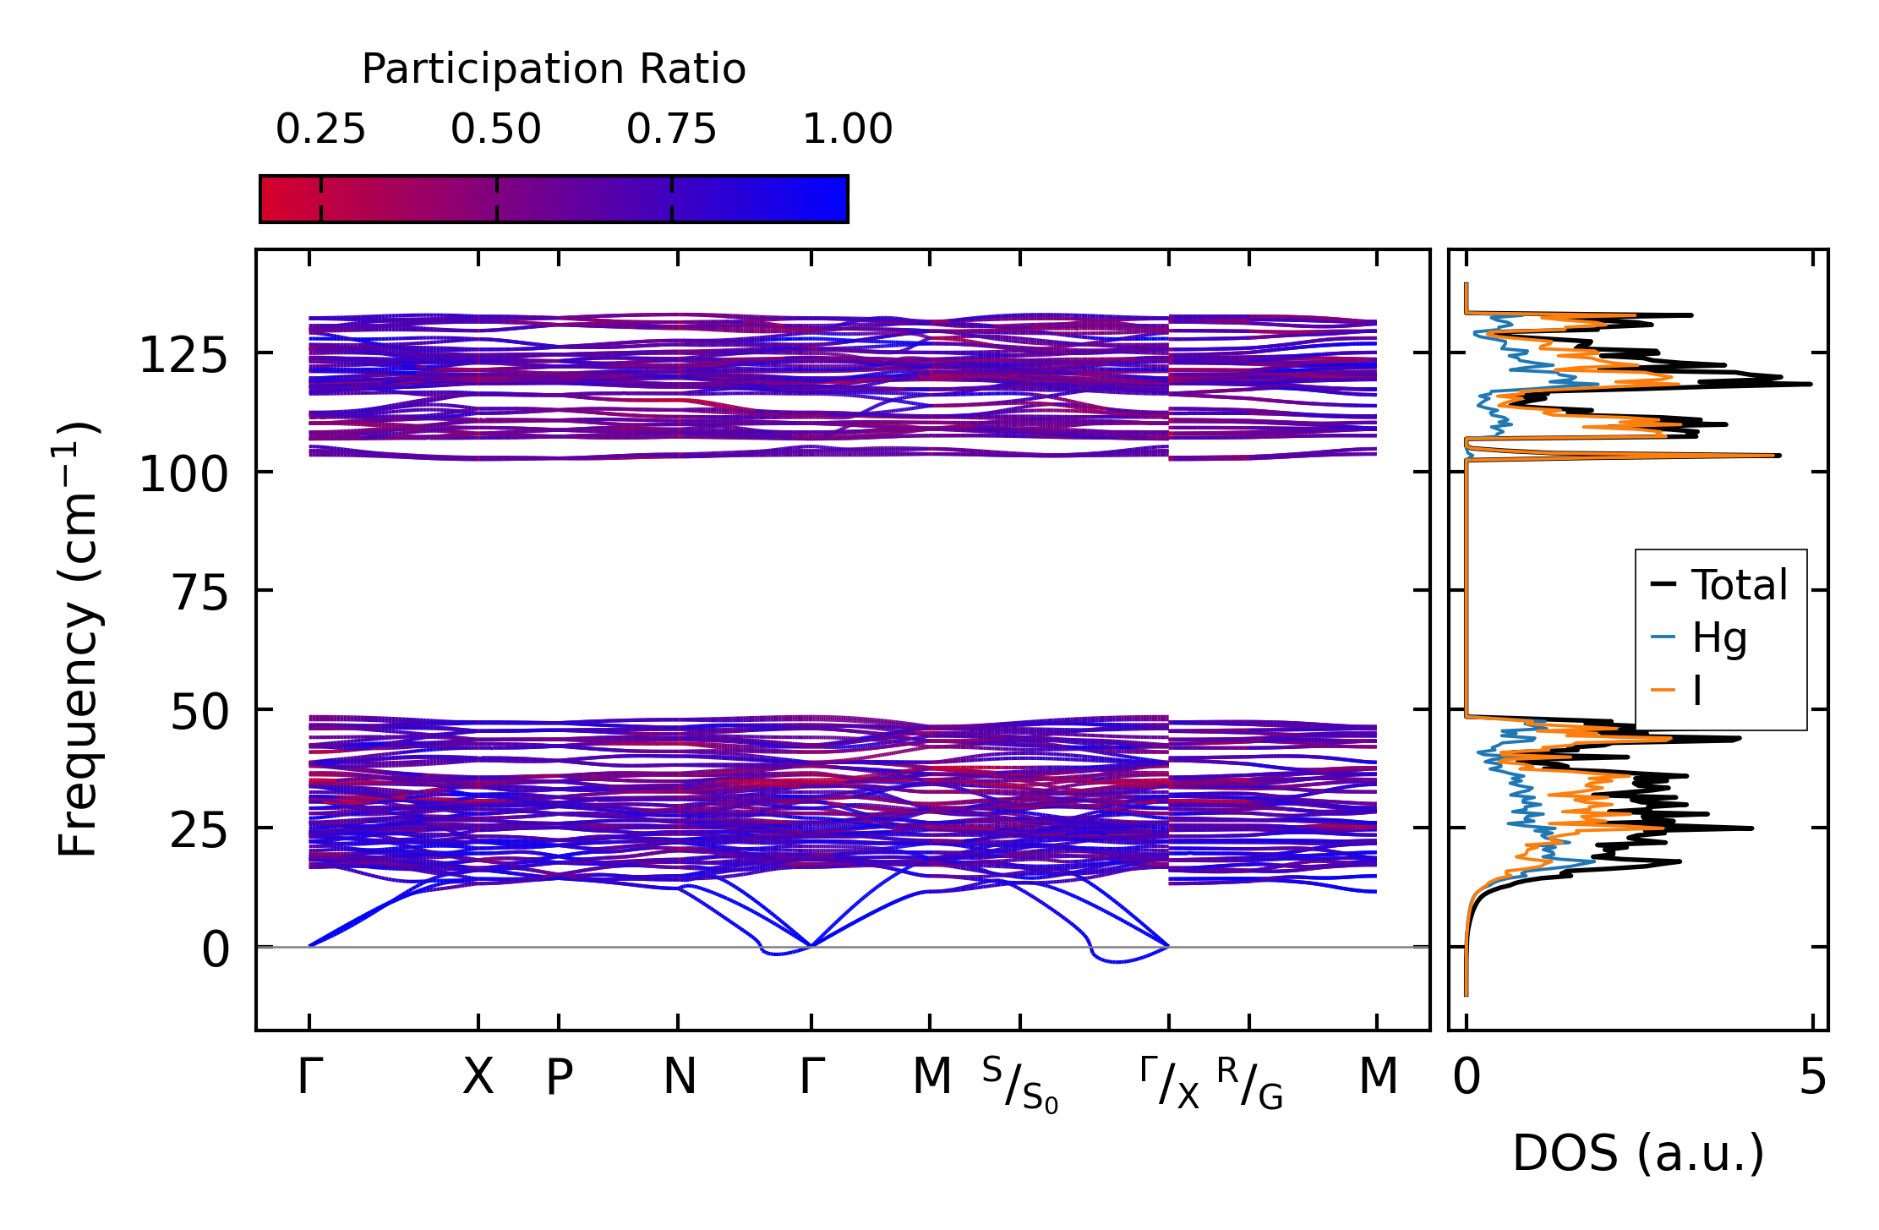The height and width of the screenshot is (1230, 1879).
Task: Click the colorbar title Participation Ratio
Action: point(554,69)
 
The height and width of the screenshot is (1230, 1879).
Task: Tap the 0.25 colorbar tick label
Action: point(320,129)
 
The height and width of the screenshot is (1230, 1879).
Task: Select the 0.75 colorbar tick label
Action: point(671,129)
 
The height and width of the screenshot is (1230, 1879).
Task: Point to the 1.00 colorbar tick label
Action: point(847,129)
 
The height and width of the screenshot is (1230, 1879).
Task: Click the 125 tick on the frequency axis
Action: point(183,356)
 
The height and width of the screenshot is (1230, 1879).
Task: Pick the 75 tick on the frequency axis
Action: point(201,593)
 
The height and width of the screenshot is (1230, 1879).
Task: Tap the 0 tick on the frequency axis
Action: point(216,949)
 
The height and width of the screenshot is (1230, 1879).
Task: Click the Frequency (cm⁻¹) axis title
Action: point(78,639)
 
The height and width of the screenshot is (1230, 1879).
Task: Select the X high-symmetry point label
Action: point(478,1077)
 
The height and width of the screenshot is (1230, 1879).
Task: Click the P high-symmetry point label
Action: point(559,1077)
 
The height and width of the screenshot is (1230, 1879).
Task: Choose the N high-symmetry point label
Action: point(680,1077)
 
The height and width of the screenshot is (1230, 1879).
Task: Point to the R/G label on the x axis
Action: point(1250,1084)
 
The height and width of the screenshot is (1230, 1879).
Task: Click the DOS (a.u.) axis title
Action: point(1638,1154)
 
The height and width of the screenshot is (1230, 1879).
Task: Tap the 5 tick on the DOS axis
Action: point(1812,1078)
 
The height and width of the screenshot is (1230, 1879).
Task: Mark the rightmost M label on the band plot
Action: point(1378,1077)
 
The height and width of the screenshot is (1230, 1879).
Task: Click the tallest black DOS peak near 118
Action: point(1809,385)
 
